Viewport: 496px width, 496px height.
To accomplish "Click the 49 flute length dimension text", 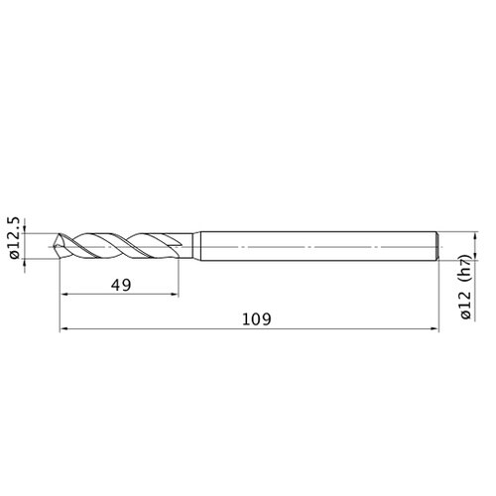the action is pos(121,285).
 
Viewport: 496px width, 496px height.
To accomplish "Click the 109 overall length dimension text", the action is pos(257,319).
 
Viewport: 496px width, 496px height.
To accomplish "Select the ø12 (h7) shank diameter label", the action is pos(465,287).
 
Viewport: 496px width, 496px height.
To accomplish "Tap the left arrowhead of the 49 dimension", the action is pos(64,294).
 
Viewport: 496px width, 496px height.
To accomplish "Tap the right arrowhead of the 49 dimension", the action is pos(174,294).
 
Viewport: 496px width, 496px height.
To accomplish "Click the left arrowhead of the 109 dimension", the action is pos(64,328).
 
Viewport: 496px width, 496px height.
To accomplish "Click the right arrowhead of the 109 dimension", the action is pos(434,328).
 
